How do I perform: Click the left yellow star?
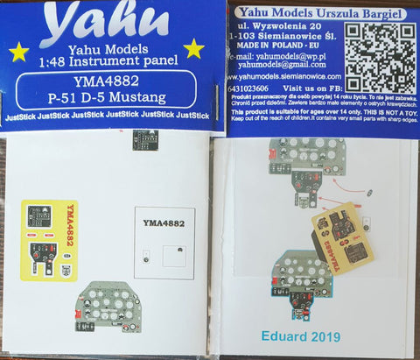coord(18,53)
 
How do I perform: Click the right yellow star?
coord(193,47)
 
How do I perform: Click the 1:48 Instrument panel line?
coord(106,64)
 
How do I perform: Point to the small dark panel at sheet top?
coord(142,139)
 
